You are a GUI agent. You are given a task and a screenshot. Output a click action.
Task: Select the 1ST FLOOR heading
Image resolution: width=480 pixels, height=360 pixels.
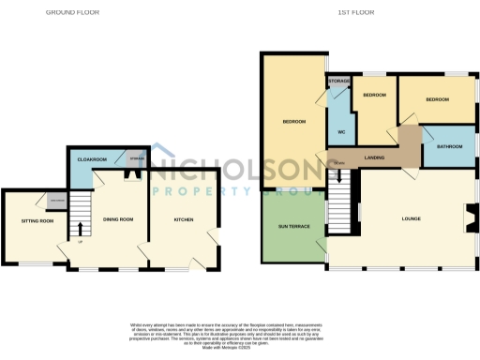click(x=357, y=13)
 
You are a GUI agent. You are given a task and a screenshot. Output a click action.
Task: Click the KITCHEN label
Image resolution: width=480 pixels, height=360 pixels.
click(x=184, y=219)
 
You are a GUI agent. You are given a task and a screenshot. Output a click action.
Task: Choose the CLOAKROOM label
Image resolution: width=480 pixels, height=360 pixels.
click(x=92, y=160)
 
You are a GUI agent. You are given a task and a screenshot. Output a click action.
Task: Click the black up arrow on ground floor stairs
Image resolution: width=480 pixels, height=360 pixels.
click(x=81, y=228)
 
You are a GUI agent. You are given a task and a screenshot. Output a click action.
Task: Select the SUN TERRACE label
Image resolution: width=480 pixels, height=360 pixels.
click(x=292, y=227)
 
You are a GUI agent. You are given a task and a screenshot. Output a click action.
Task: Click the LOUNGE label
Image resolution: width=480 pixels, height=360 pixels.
click(x=411, y=219)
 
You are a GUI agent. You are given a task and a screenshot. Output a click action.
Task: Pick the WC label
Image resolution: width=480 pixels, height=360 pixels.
click(x=341, y=130)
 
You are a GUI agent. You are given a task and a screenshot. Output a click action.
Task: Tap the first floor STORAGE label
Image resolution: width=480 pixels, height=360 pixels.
click(x=339, y=82)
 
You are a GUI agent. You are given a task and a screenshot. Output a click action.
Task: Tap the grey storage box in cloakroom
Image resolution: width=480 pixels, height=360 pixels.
click(x=137, y=160)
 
